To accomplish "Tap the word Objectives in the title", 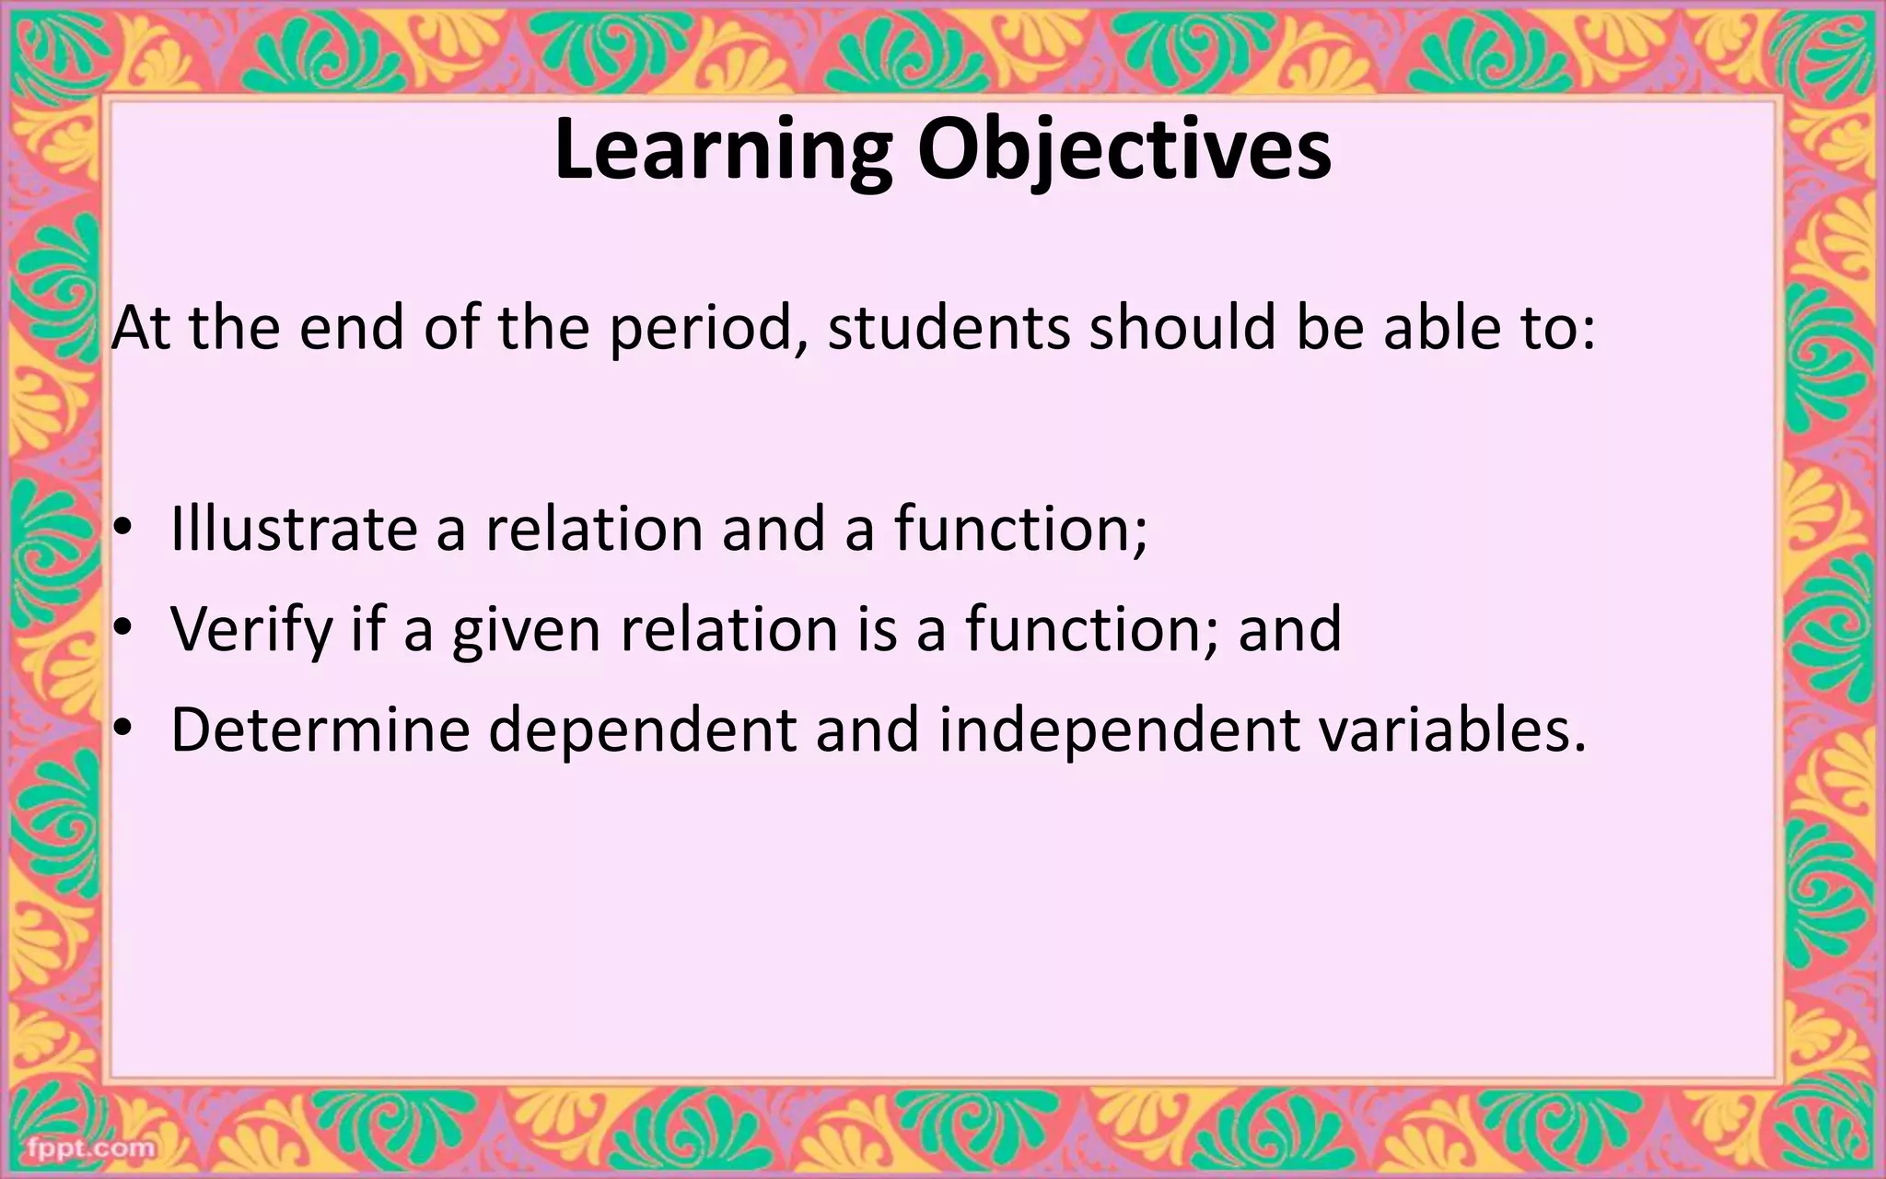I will (x=1123, y=152).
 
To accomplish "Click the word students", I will (x=949, y=328).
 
